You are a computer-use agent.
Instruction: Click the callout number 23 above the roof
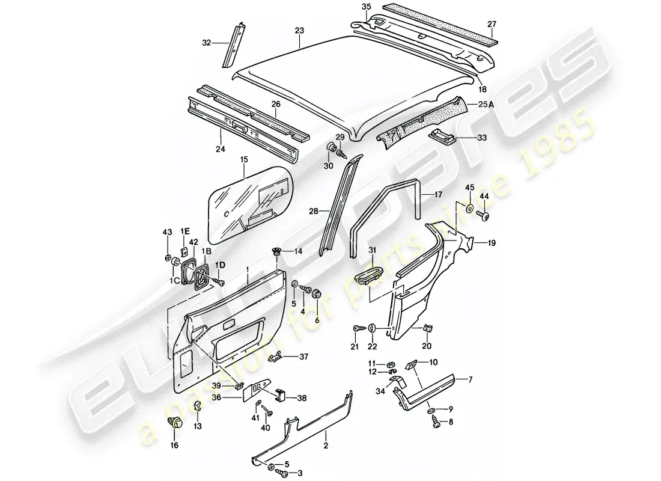pyautogui.click(x=299, y=29)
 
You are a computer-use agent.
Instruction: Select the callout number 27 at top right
pyautogui.click(x=492, y=24)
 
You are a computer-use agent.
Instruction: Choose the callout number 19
pyautogui.click(x=491, y=244)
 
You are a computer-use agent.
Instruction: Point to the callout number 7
pyautogui.click(x=471, y=379)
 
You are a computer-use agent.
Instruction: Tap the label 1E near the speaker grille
pyautogui.click(x=184, y=231)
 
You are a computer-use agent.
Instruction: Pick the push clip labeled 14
pyautogui.click(x=276, y=252)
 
